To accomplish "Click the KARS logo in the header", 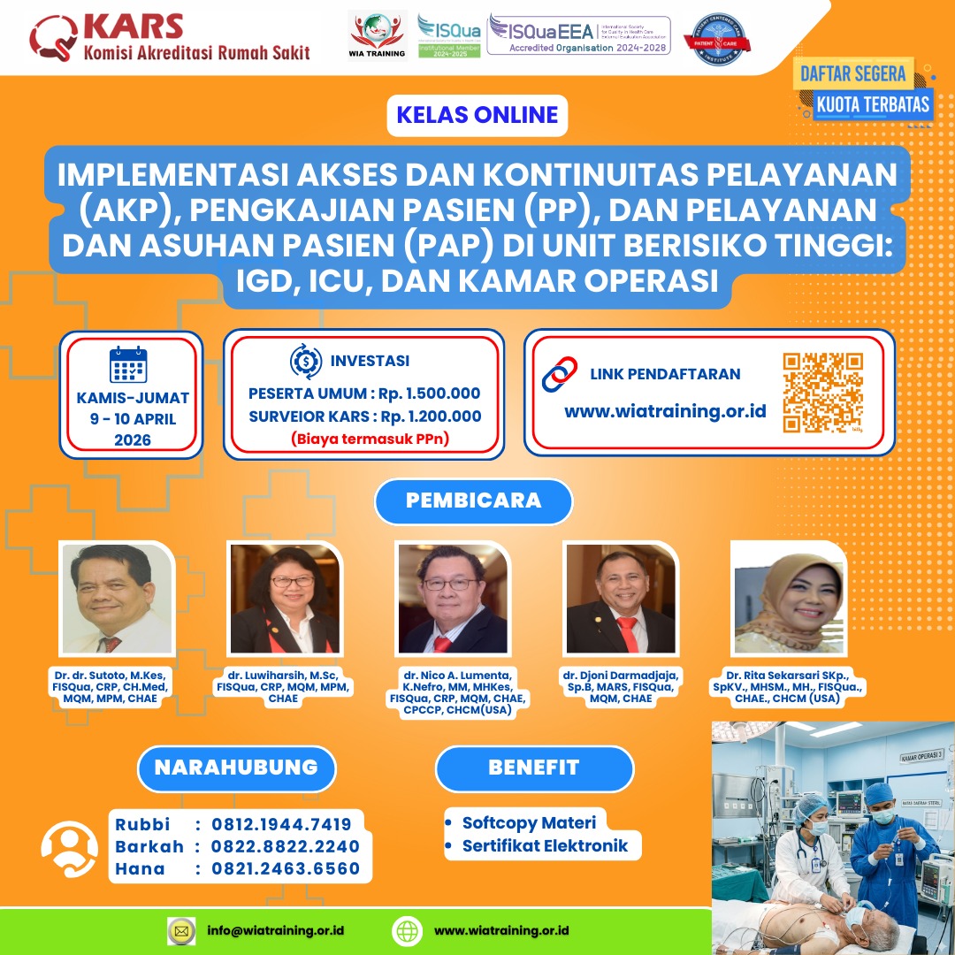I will pos(168,37).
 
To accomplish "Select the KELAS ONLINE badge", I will pos(477,115).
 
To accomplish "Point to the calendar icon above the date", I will pos(128,364).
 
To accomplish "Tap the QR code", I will pos(822,393).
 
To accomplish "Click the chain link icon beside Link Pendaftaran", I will pos(559,375).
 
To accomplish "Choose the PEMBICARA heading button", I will pos(473,500).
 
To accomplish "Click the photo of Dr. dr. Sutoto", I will pos(116,599).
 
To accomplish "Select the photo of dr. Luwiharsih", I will pos(285,599).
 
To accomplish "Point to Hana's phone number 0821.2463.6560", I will pos(285,868).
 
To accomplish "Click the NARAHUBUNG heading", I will pos(236,768).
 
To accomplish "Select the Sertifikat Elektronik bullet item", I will pos(545,845).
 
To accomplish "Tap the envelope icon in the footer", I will pos(181,930).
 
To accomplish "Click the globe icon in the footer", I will pos(407,930).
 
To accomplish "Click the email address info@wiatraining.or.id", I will pos(275,930).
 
